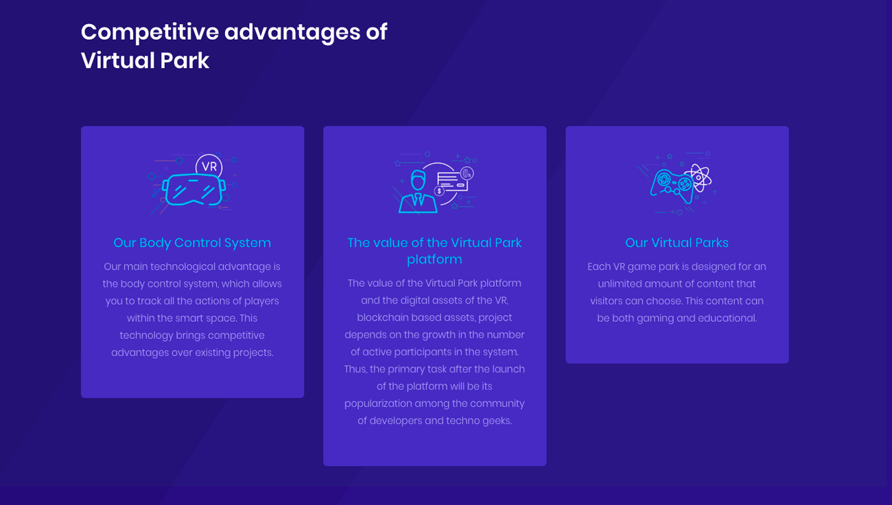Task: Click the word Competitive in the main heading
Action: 150,33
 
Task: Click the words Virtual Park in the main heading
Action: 145,60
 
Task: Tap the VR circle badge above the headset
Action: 209,166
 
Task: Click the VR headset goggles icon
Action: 193,190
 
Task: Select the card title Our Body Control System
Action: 192,242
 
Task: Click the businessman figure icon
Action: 418,191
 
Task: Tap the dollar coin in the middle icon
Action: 439,191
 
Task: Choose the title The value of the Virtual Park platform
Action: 434,251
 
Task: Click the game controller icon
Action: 671,185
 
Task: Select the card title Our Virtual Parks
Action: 677,242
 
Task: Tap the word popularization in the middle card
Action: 378,404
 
